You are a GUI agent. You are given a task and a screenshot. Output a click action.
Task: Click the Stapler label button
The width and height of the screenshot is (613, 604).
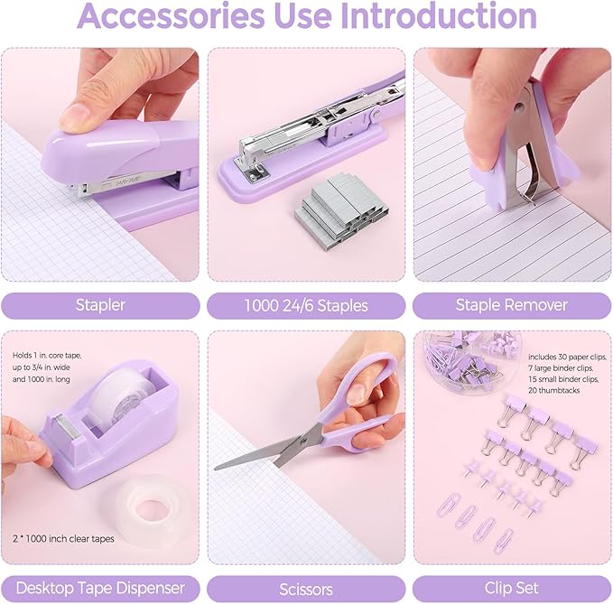pyautogui.click(x=99, y=305)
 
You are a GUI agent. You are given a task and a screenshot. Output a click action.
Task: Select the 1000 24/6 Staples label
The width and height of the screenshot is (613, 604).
pyautogui.click(x=306, y=305)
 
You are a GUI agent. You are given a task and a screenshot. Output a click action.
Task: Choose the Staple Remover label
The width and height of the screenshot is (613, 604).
pyautogui.click(x=512, y=305)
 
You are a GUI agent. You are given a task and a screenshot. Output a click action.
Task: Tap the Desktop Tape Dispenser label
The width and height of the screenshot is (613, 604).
pyautogui.click(x=99, y=588)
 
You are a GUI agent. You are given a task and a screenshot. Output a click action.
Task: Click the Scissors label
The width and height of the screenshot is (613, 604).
pyautogui.click(x=306, y=588)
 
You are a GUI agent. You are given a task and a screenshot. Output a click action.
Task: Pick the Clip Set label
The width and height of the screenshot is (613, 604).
pyautogui.click(x=512, y=588)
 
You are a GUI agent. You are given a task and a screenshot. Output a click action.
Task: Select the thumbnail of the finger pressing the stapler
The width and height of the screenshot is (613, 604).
pyautogui.click(x=99, y=164)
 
